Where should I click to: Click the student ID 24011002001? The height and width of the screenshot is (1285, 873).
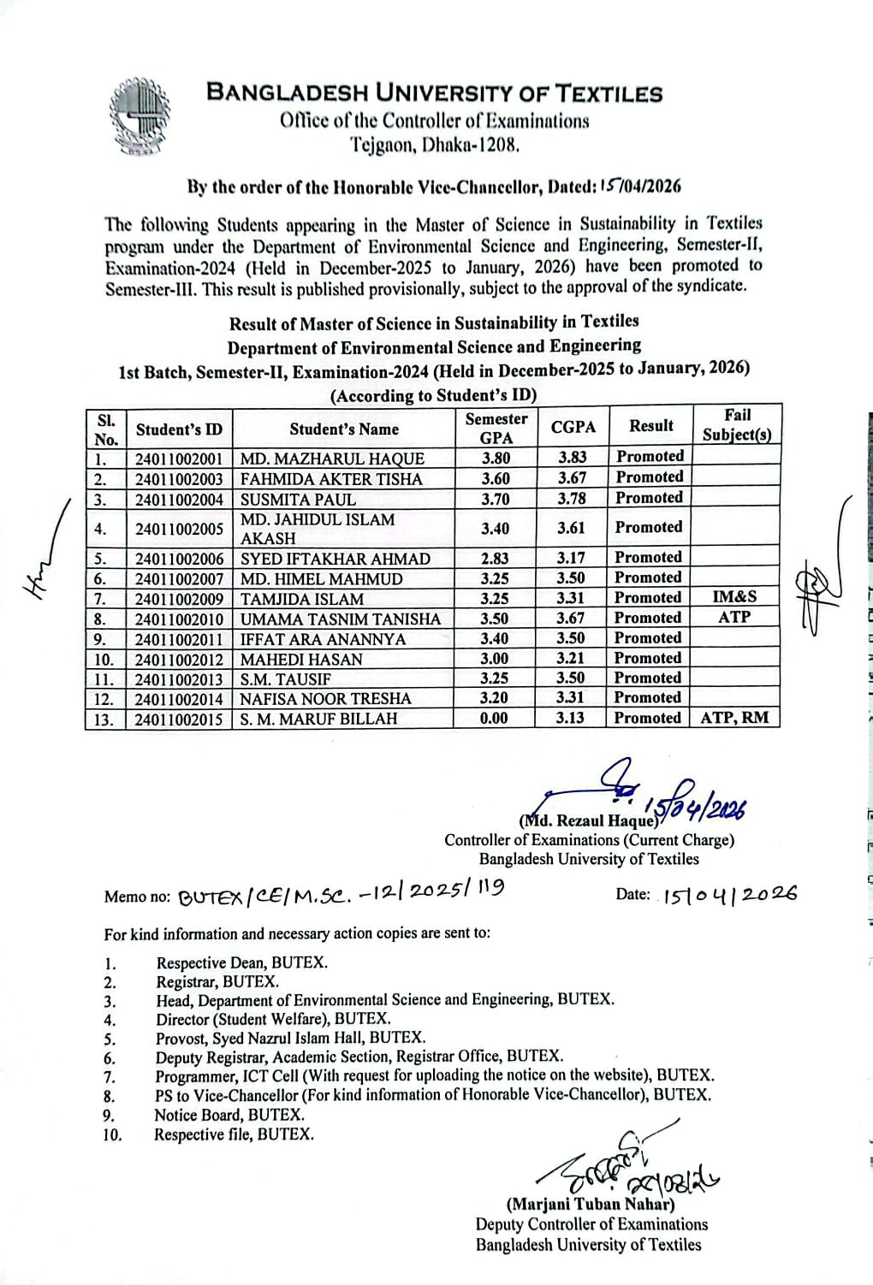[x=179, y=459]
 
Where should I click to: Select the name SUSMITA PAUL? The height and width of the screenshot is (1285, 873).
[x=298, y=500]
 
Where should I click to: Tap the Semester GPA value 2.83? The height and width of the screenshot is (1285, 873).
[x=495, y=559]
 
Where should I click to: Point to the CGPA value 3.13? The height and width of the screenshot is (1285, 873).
[x=570, y=718]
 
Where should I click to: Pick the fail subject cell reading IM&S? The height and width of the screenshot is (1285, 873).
[x=734, y=597]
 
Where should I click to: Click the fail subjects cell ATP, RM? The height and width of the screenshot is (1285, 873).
[x=734, y=718]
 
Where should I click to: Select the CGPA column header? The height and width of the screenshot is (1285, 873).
[x=573, y=426]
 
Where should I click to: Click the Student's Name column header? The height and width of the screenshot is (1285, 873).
[x=343, y=429]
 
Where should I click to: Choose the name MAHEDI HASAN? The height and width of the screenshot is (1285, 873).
[x=301, y=660]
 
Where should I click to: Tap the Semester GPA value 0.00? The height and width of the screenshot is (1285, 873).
[x=495, y=719]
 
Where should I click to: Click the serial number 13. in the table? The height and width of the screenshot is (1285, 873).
[x=104, y=719]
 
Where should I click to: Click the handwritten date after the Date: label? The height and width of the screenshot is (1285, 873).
[x=729, y=894]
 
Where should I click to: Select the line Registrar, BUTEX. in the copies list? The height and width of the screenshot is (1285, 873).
[x=217, y=982]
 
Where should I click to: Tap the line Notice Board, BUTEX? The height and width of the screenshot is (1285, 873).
[x=229, y=1115]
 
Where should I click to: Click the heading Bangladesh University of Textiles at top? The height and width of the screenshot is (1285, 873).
[x=435, y=93]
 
